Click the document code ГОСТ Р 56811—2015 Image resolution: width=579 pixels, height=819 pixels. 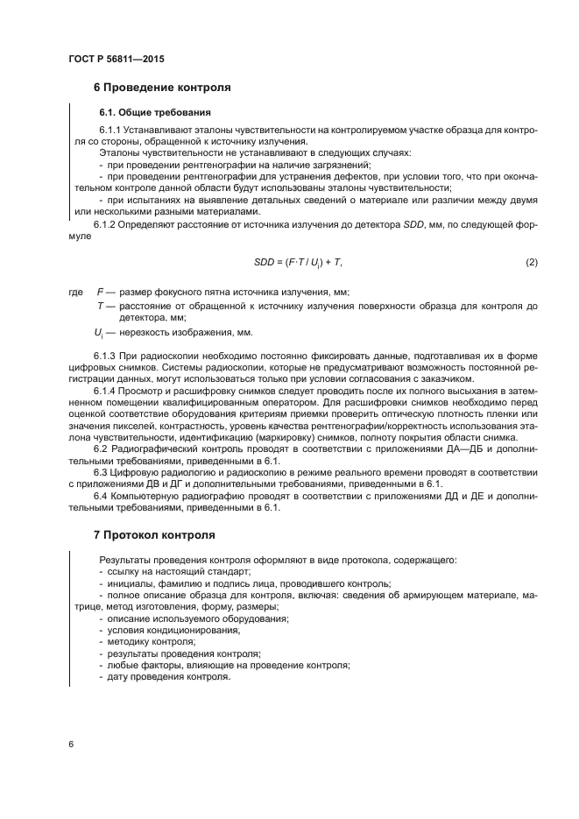[x=116, y=59]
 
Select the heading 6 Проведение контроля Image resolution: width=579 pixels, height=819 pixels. [x=162, y=88]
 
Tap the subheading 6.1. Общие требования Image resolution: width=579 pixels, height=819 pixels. [x=154, y=112]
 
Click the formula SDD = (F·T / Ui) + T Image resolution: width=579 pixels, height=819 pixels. [x=297, y=262]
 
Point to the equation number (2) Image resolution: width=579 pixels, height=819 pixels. [x=530, y=262]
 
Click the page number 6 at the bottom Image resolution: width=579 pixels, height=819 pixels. [x=70, y=744]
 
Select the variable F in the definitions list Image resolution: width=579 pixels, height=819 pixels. [x=99, y=292]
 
